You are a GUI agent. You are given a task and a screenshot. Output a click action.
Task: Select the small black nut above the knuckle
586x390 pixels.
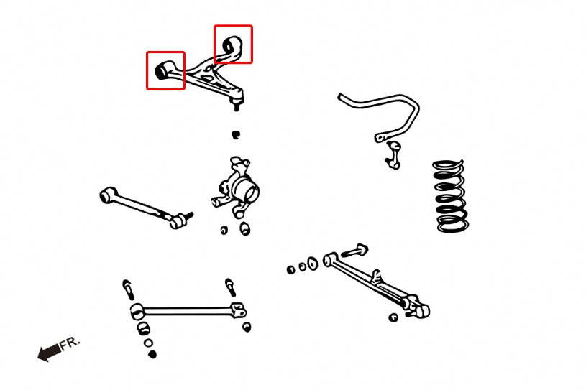tap(235, 134)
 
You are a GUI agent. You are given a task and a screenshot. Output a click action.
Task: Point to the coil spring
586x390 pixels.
tap(451, 196)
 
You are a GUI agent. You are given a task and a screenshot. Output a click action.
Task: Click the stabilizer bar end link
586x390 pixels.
tap(392, 154)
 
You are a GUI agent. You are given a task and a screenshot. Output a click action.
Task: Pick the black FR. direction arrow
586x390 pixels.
tap(49, 353)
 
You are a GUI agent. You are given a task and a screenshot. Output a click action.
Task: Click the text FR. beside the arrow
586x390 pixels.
tap(71, 343)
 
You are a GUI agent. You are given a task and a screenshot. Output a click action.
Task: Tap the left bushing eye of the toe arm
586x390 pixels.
tap(109, 194)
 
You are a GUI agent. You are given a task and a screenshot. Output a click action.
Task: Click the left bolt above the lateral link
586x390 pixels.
tap(128, 288)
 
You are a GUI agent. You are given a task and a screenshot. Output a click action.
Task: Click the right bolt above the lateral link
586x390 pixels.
tap(230, 287)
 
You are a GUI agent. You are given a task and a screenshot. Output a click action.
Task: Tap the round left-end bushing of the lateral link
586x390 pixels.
tap(137, 312)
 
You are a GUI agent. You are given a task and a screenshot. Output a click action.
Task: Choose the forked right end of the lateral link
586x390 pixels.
tap(239, 310)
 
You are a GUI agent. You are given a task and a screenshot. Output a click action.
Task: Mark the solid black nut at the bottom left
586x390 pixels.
tap(151, 354)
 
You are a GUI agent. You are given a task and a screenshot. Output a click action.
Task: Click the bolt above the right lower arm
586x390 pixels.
tap(356, 251)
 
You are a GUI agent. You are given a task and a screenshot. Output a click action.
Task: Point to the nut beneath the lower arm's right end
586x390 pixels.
tap(393, 317)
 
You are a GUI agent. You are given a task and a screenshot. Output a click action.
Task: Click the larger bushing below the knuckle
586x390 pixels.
tap(245, 228)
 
